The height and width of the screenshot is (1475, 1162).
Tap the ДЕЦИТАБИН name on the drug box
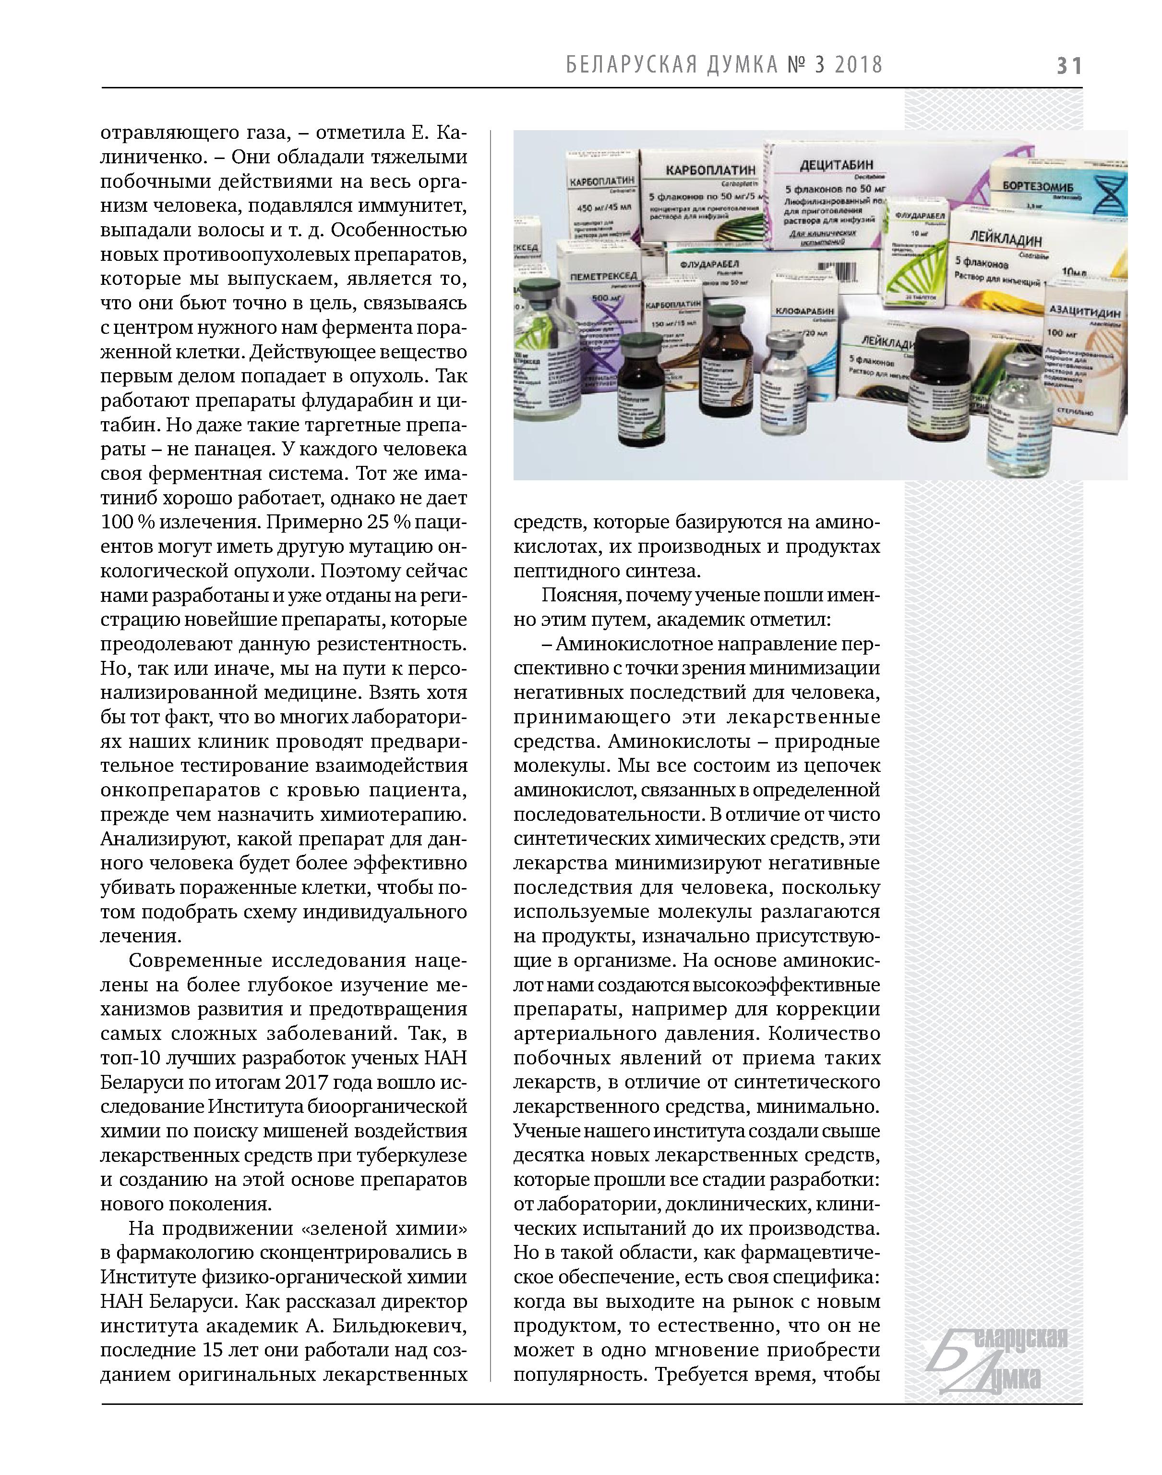coord(836,165)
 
